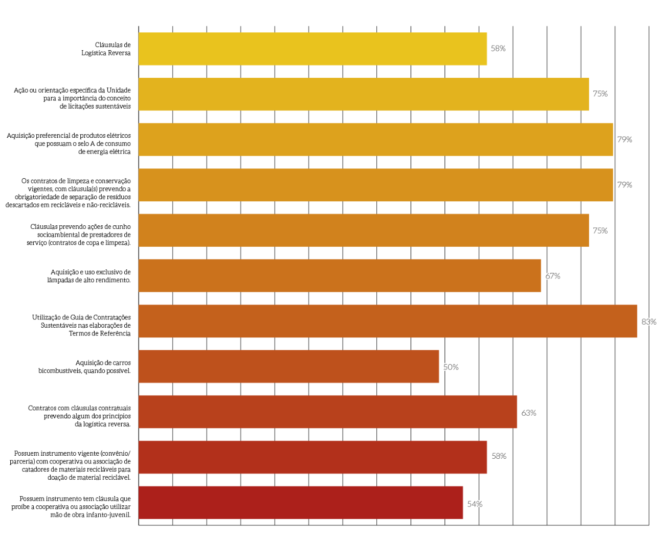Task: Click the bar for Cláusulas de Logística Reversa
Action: tap(312, 49)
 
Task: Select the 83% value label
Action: tap(649, 322)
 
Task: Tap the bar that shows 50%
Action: tap(288, 367)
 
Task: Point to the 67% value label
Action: tap(552, 276)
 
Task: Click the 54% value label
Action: tap(474, 504)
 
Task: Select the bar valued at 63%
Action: tap(327, 412)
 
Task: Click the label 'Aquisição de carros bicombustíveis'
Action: tap(84, 367)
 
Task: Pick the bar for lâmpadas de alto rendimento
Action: tap(340, 275)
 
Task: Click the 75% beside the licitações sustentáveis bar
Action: tap(600, 94)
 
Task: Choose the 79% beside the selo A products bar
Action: tap(624, 139)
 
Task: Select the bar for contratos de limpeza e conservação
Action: tap(375, 185)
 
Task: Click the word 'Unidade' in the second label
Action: tap(119, 90)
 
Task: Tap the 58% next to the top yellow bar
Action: tap(498, 49)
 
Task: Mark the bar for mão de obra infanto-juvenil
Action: tap(300, 502)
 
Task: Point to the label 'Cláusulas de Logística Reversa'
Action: tap(106, 49)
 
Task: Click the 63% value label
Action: tap(528, 413)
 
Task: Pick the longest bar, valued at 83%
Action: tap(388, 321)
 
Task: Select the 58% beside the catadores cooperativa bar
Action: tap(499, 456)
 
